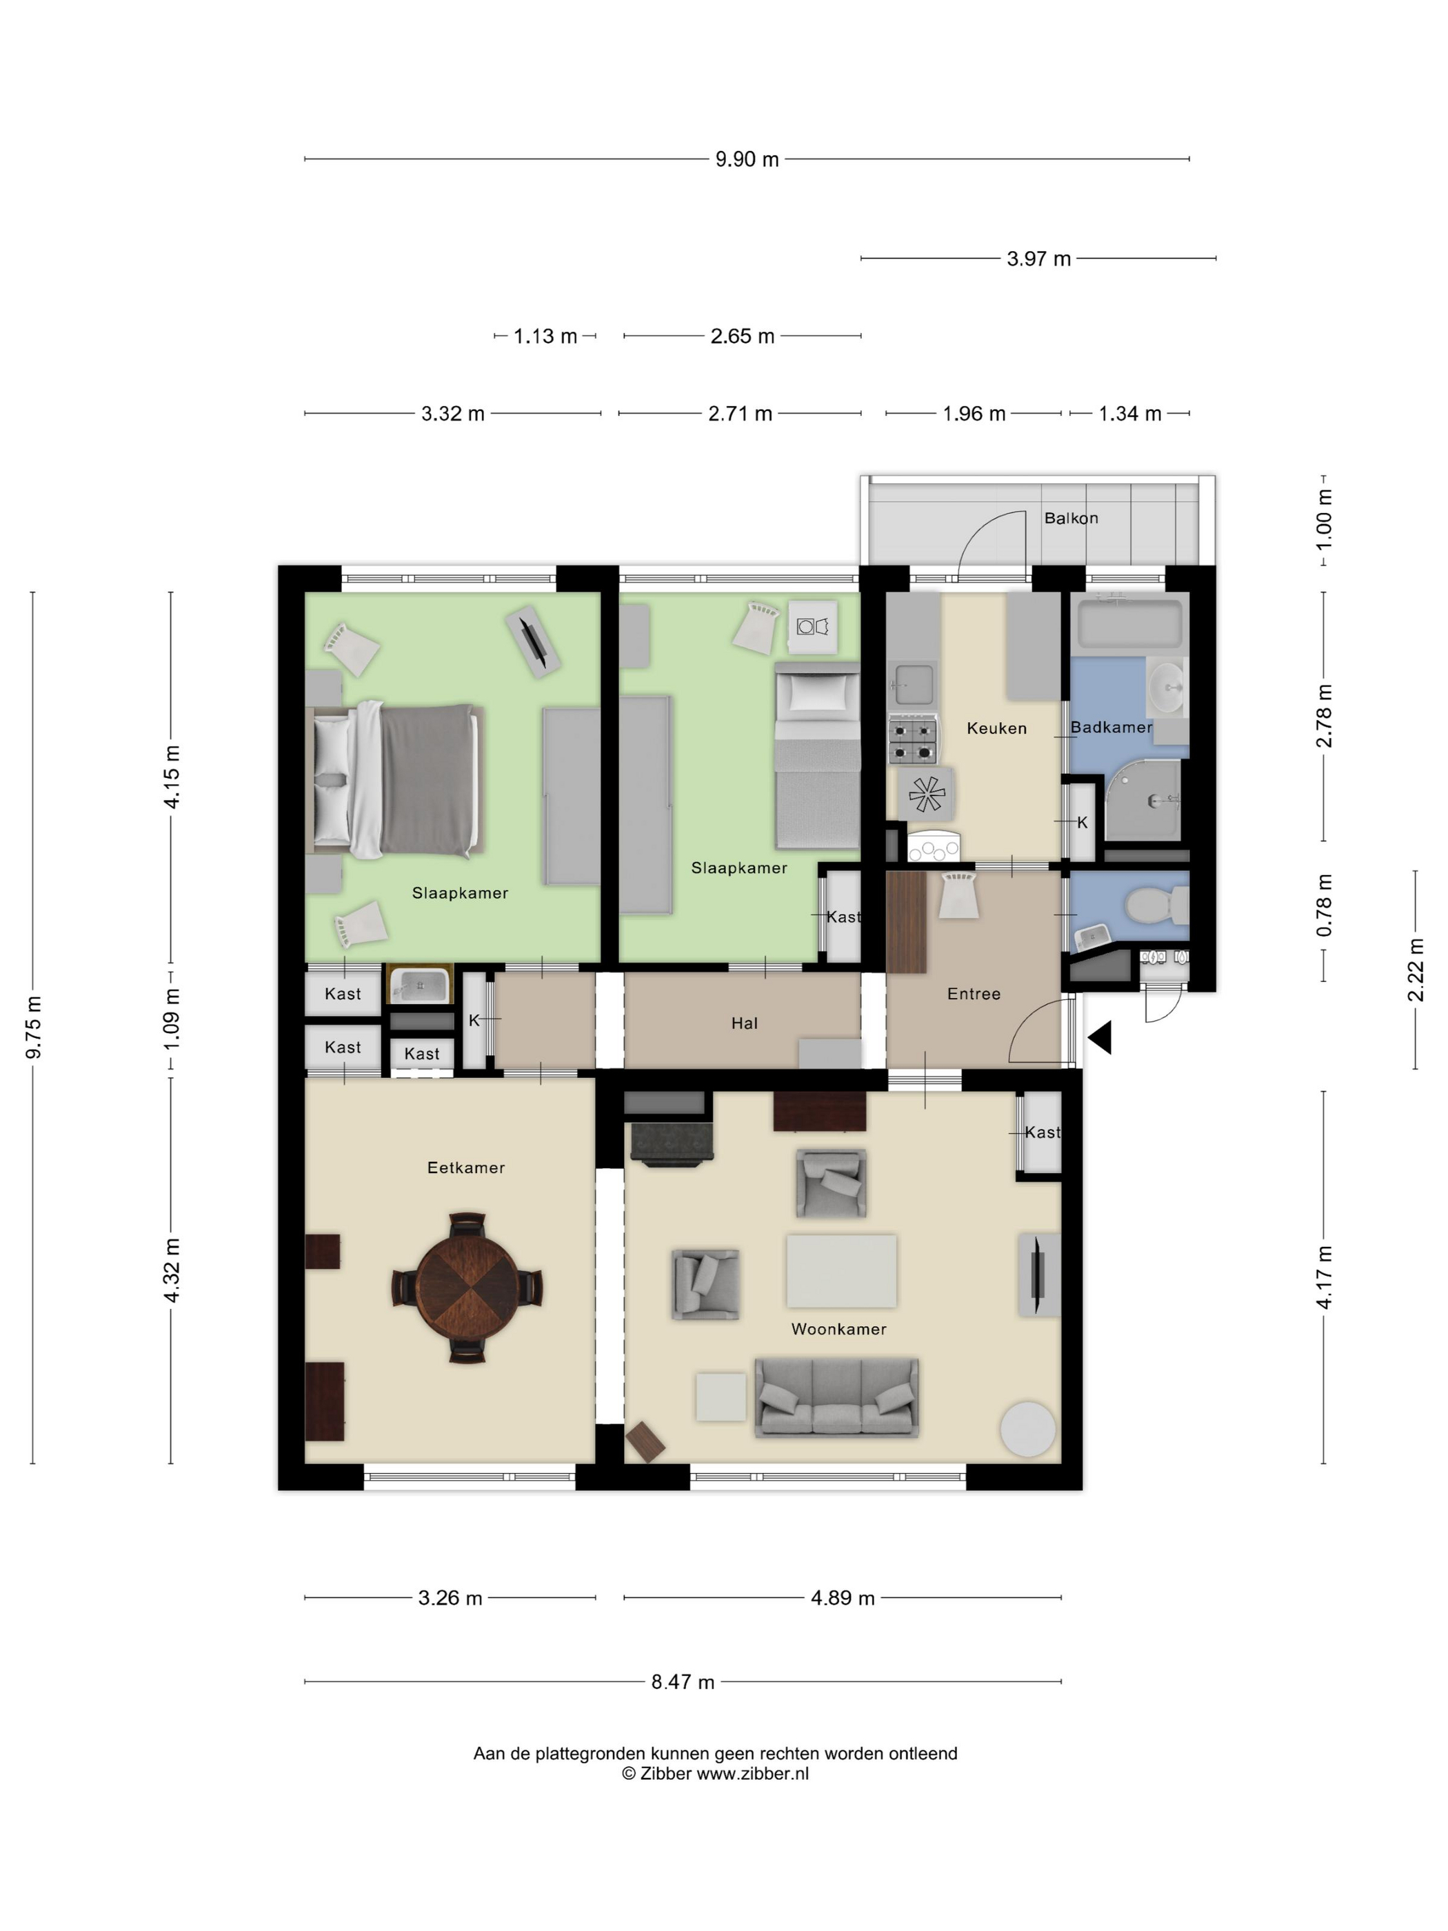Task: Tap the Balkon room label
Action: click(x=1071, y=519)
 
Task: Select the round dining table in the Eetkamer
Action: click(x=466, y=1287)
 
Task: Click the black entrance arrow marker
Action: click(x=1100, y=1038)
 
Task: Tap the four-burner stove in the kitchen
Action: click(x=913, y=739)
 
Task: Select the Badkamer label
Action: click(x=1111, y=727)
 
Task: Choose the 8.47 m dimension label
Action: click(x=683, y=1682)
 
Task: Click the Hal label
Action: click(x=745, y=1023)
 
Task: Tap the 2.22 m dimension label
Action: click(x=1416, y=970)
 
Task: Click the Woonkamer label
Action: click(x=838, y=1330)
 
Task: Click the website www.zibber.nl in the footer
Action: click(x=752, y=1774)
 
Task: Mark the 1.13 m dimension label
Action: click(x=545, y=336)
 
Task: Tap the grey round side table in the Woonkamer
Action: click(x=1027, y=1429)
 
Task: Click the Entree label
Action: click(x=974, y=994)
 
